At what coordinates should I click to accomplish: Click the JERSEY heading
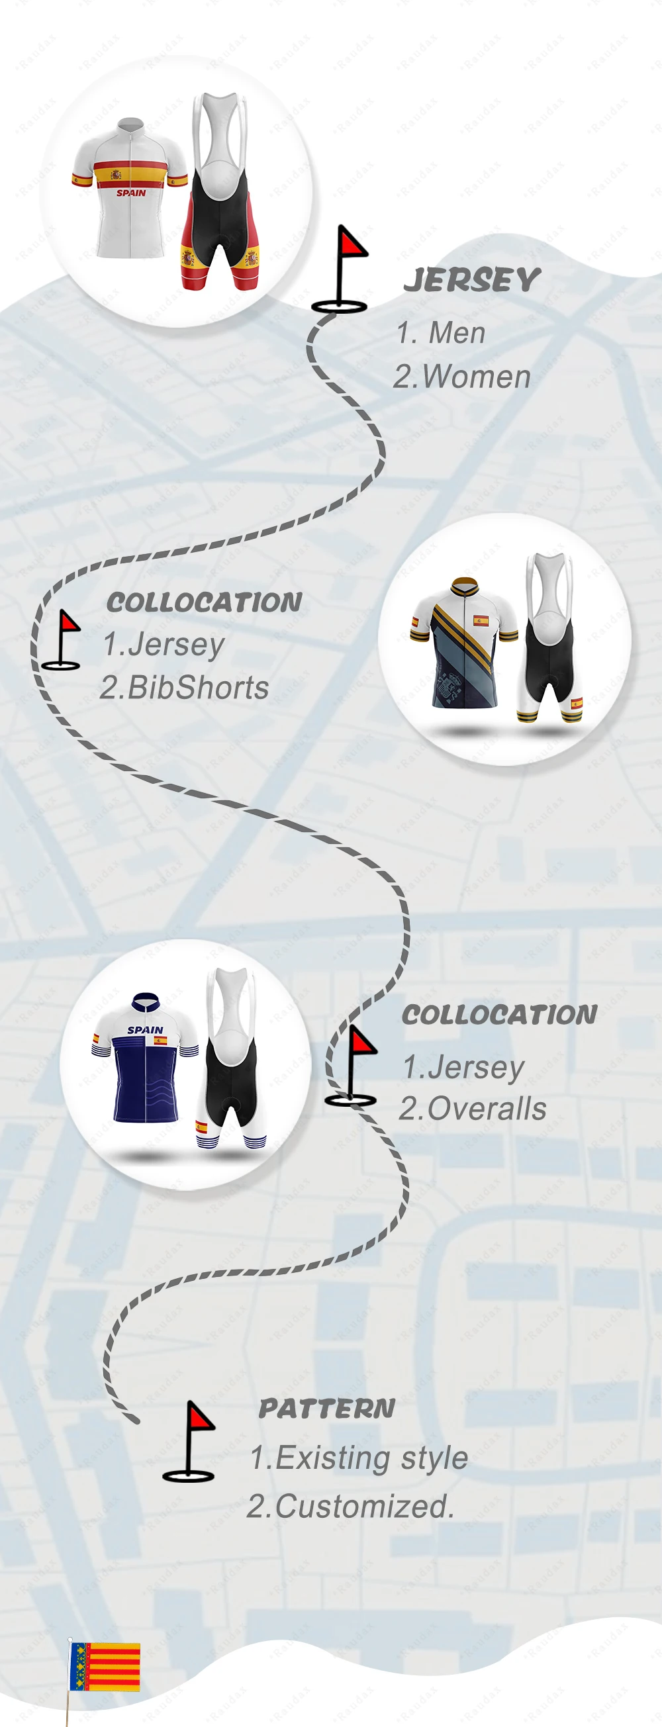(x=471, y=280)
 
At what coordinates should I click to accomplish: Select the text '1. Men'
(x=441, y=333)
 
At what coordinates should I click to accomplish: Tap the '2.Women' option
(x=462, y=377)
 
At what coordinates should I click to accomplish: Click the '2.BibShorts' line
(x=185, y=688)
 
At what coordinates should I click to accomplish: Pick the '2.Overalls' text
(x=473, y=1109)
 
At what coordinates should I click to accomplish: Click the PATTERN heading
(x=326, y=1409)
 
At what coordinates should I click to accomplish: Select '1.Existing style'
(x=359, y=1458)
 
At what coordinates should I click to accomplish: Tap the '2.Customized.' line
(x=350, y=1507)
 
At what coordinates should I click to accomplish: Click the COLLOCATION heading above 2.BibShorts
(x=204, y=602)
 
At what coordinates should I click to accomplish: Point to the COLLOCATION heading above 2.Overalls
(x=499, y=1014)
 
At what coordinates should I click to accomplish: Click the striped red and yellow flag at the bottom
(x=105, y=1667)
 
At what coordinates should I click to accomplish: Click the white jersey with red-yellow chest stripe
(x=130, y=188)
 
